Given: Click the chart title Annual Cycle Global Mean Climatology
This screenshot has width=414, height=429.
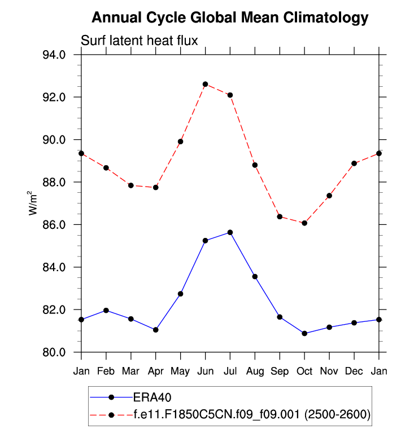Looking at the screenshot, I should tap(230, 17).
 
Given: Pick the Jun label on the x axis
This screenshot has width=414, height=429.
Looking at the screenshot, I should tap(205, 371).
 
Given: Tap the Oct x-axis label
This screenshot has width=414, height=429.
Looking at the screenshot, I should tap(304, 371).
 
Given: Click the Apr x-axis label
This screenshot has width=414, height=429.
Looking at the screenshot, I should tap(155, 371).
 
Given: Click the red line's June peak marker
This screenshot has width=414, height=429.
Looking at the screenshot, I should tap(205, 84).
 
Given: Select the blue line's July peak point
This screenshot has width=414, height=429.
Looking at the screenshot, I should tap(230, 232).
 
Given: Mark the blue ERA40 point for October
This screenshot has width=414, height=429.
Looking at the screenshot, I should tap(304, 333).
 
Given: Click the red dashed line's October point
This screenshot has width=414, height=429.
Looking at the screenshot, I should tap(304, 223).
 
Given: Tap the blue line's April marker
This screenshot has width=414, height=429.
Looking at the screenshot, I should tap(155, 330).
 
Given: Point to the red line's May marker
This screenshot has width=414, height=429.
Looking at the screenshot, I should tap(180, 141).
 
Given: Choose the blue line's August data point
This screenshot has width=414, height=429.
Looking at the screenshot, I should tap(255, 276).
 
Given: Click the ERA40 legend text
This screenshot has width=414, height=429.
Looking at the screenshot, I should tap(152, 397).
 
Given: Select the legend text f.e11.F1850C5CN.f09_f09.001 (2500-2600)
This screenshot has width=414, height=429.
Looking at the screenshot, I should tap(252, 415).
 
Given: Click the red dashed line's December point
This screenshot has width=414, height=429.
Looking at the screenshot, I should tap(354, 163).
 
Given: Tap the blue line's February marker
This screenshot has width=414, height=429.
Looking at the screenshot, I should tap(106, 311).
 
